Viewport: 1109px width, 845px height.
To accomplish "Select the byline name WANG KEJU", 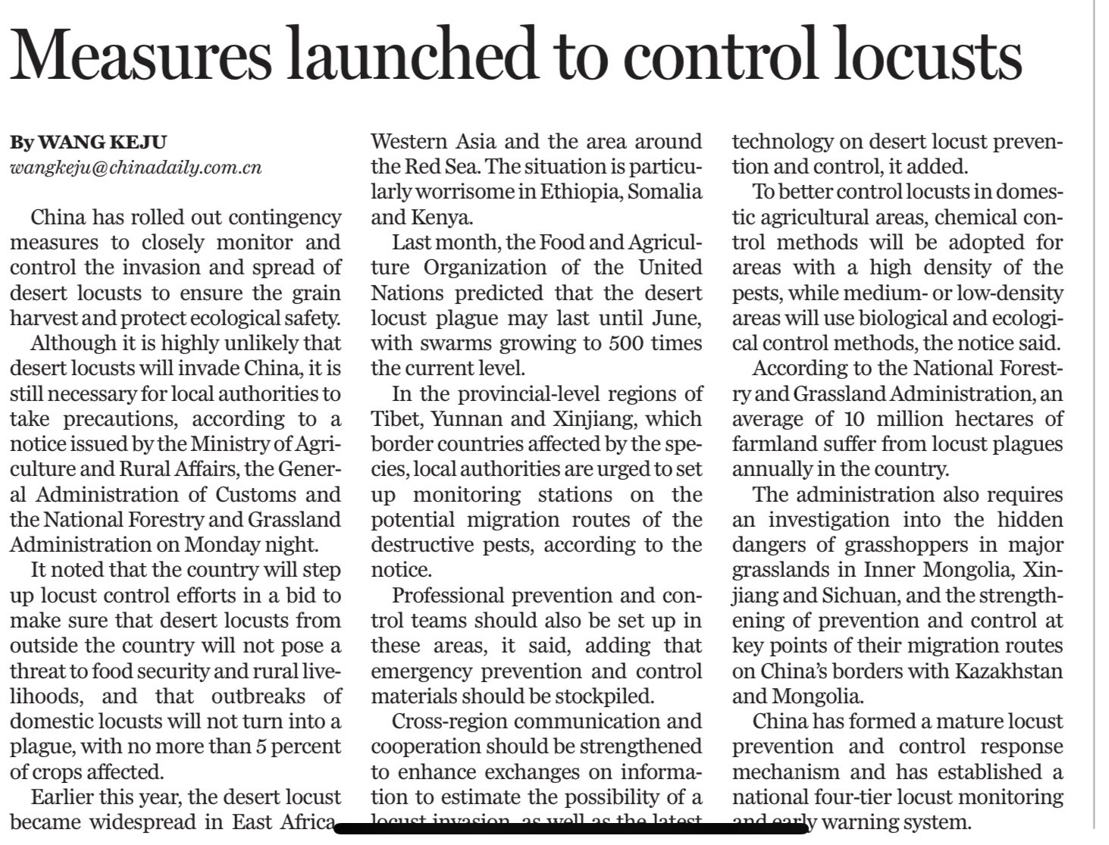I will tap(102, 142).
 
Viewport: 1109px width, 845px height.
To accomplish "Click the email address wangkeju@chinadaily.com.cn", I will tap(136, 167).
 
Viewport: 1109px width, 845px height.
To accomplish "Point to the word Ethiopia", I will tap(581, 192).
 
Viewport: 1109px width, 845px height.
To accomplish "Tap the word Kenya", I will tap(441, 218).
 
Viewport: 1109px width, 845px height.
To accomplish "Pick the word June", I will tap(675, 318).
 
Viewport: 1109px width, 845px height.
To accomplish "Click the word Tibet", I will tap(393, 419).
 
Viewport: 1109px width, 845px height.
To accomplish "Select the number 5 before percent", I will tap(261, 747).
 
